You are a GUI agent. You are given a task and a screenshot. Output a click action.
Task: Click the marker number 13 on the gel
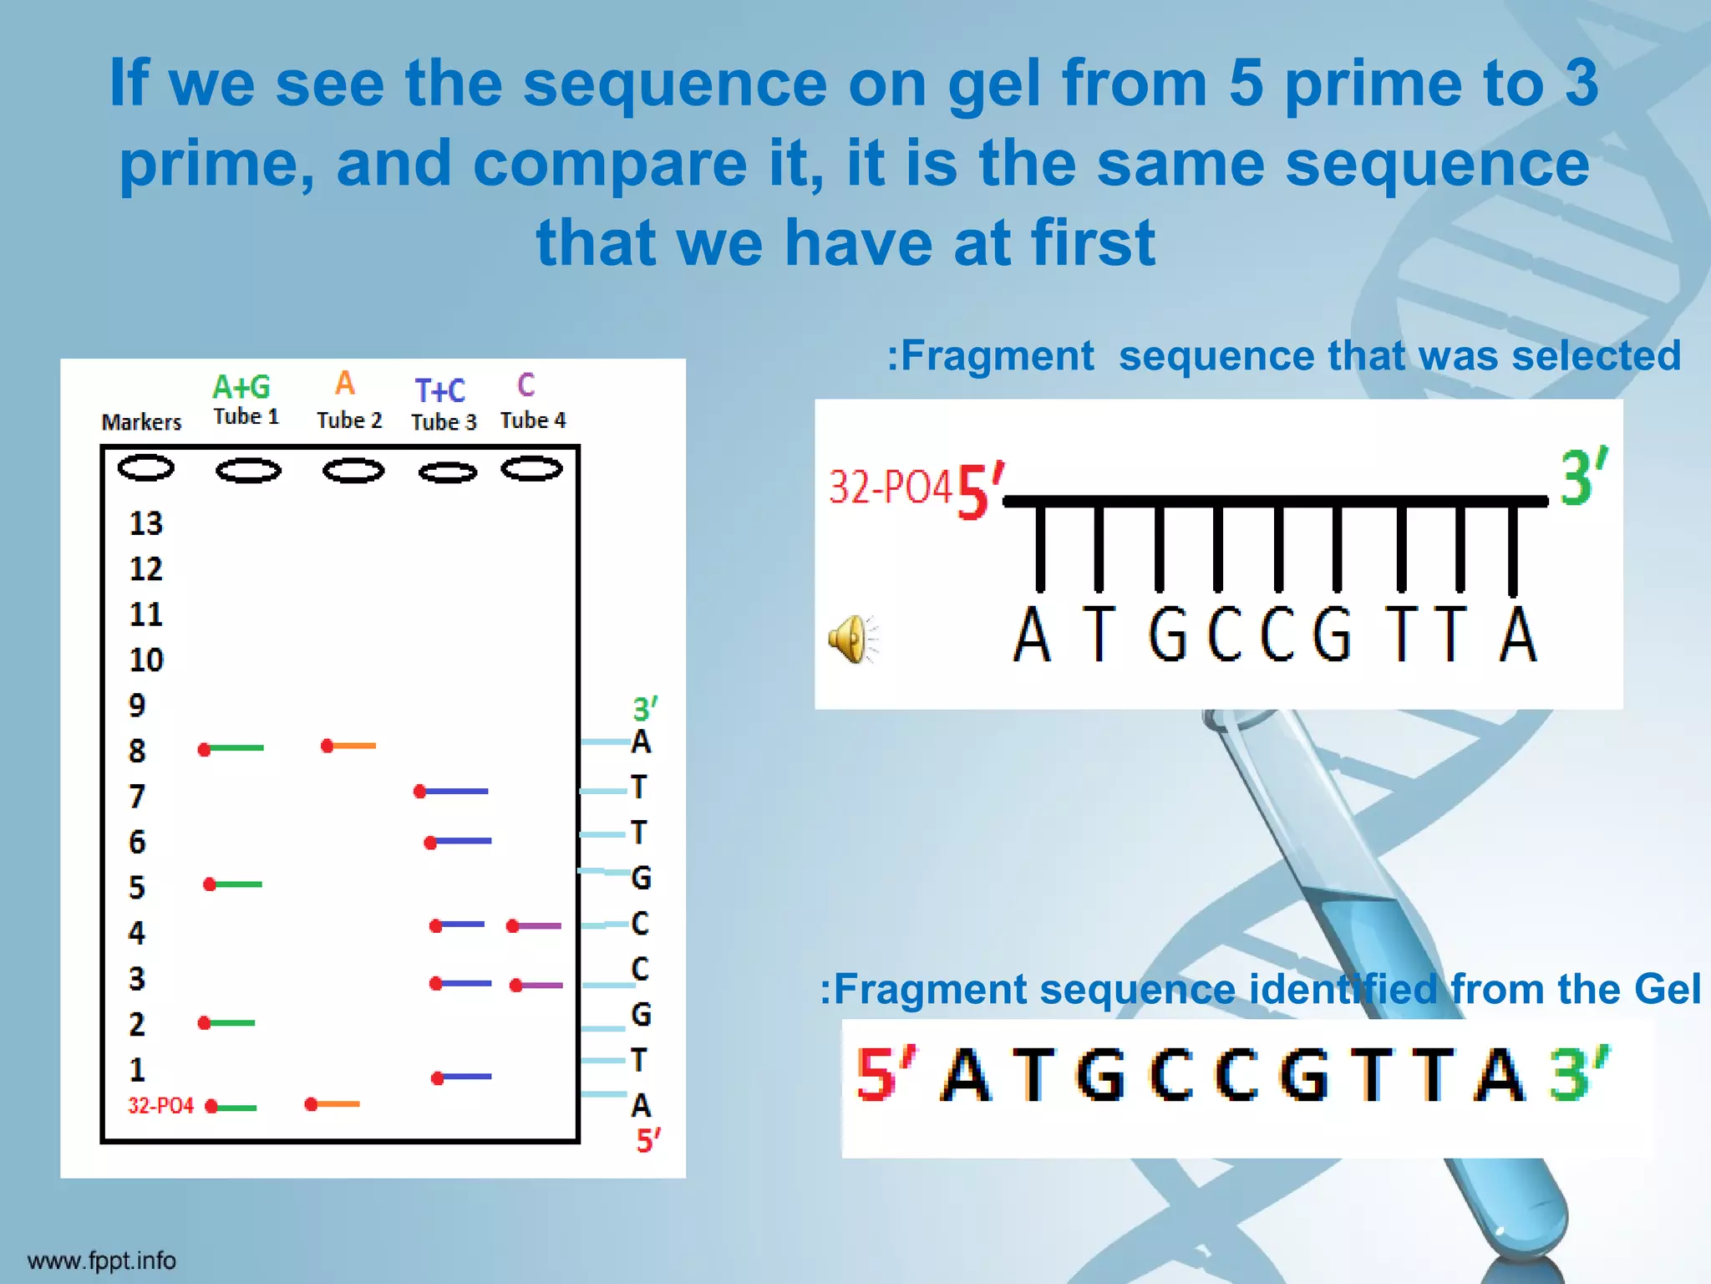tap(145, 524)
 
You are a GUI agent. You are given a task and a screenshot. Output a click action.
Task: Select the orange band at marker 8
tap(349, 746)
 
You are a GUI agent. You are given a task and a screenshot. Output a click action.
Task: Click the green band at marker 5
tap(234, 884)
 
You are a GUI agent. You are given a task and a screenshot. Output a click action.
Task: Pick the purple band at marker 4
tap(535, 925)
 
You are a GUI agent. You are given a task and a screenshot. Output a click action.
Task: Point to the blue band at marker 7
tap(452, 791)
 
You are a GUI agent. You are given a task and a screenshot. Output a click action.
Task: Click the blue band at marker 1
tap(462, 1077)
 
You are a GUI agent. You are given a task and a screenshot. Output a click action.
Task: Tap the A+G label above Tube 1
tap(241, 387)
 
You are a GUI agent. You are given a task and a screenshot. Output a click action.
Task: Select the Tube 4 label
tap(533, 420)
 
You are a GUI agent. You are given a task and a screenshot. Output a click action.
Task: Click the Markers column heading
tap(141, 422)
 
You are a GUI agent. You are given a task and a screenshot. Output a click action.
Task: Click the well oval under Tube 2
tap(353, 471)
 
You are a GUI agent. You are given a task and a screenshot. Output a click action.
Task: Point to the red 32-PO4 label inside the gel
tap(160, 1106)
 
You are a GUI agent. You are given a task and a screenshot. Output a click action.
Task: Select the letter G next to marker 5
tap(641, 878)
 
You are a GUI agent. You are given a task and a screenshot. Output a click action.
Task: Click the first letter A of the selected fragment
tap(1032, 635)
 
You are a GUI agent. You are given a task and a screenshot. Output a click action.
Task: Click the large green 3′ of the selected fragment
tap(1582, 478)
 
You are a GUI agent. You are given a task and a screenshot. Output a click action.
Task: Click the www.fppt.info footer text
tap(102, 1261)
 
